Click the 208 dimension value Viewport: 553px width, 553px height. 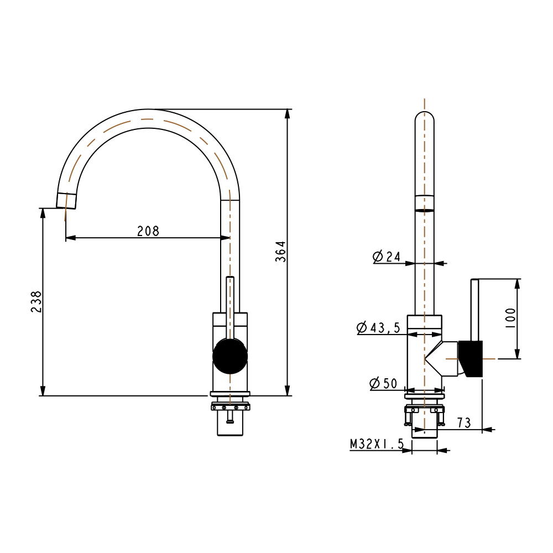(148, 231)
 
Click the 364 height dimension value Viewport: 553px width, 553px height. (281, 252)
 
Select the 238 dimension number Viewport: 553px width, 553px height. (36, 301)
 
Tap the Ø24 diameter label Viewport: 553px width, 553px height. (387, 257)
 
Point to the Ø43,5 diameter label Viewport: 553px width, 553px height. (378, 327)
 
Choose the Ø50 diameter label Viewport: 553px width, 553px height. (383, 383)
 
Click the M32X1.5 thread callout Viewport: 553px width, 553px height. (377, 444)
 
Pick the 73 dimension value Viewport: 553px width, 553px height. (464, 422)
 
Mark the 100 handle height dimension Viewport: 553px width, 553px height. (510, 319)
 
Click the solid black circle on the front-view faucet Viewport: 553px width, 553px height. (230, 356)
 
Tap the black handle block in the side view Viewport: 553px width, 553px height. (471, 359)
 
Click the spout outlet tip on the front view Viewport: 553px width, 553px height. (66, 201)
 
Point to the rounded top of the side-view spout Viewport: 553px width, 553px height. (425, 117)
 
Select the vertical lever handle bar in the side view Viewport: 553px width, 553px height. (474, 310)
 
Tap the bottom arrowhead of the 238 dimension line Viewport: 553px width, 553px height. (43, 390)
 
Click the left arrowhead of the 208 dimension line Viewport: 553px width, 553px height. (71, 238)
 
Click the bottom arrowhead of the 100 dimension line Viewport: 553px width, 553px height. (518, 354)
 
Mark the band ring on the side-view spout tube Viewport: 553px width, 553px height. (425, 203)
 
